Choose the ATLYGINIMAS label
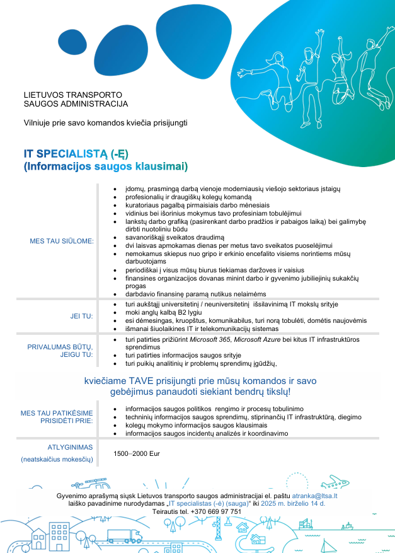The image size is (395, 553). click(71, 447)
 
